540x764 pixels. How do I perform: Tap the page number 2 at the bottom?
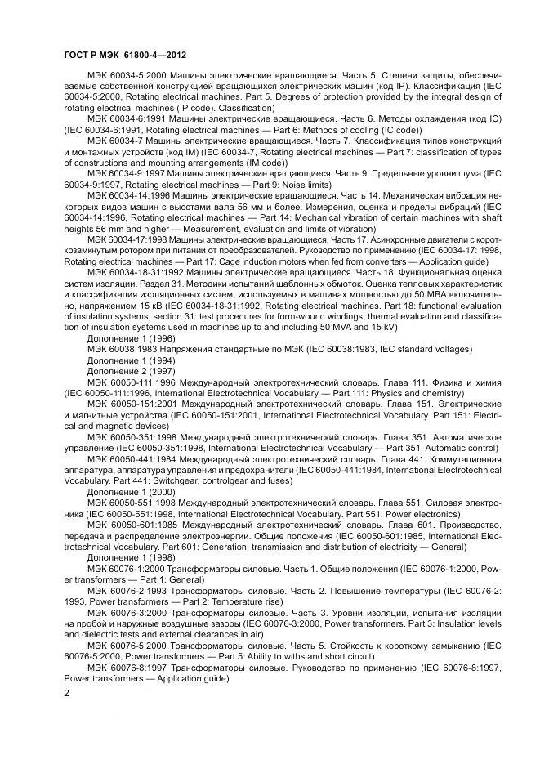point(67,692)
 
